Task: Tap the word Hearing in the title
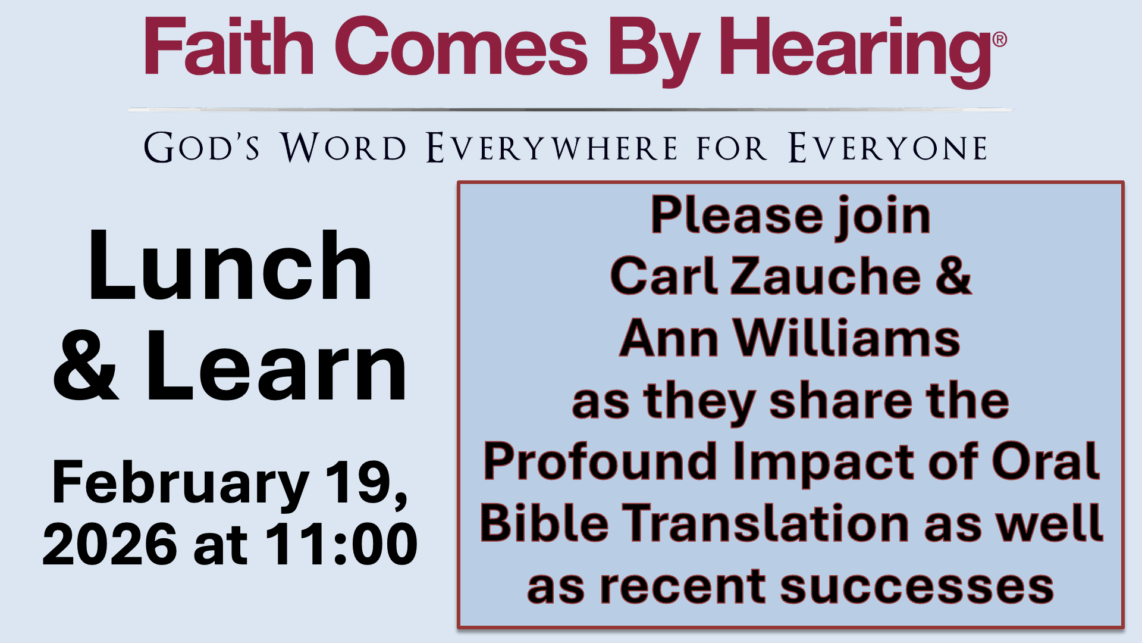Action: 855,51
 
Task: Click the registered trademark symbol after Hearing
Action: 1000,39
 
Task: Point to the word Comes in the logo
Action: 462,48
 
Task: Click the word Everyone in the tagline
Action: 888,148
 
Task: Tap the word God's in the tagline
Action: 202,148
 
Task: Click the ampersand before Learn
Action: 86,367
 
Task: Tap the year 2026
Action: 110,544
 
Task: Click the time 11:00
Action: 341,544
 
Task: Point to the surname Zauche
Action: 826,276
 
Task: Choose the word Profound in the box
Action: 600,461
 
